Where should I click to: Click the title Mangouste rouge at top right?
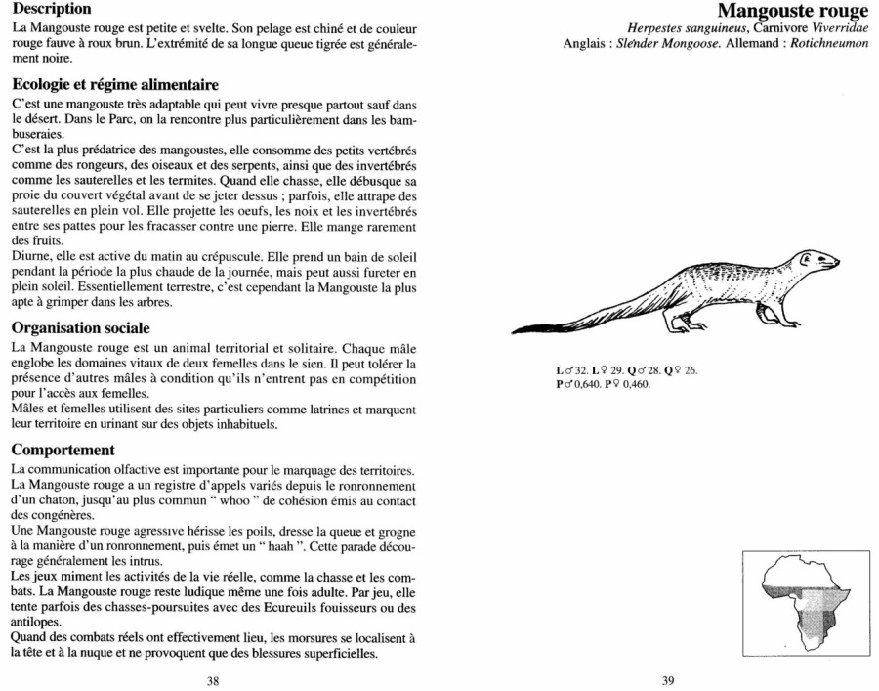(x=792, y=12)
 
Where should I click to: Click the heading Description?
(x=52, y=8)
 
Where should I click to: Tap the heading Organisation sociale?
(x=79, y=328)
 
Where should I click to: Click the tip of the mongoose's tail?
(x=515, y=328)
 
